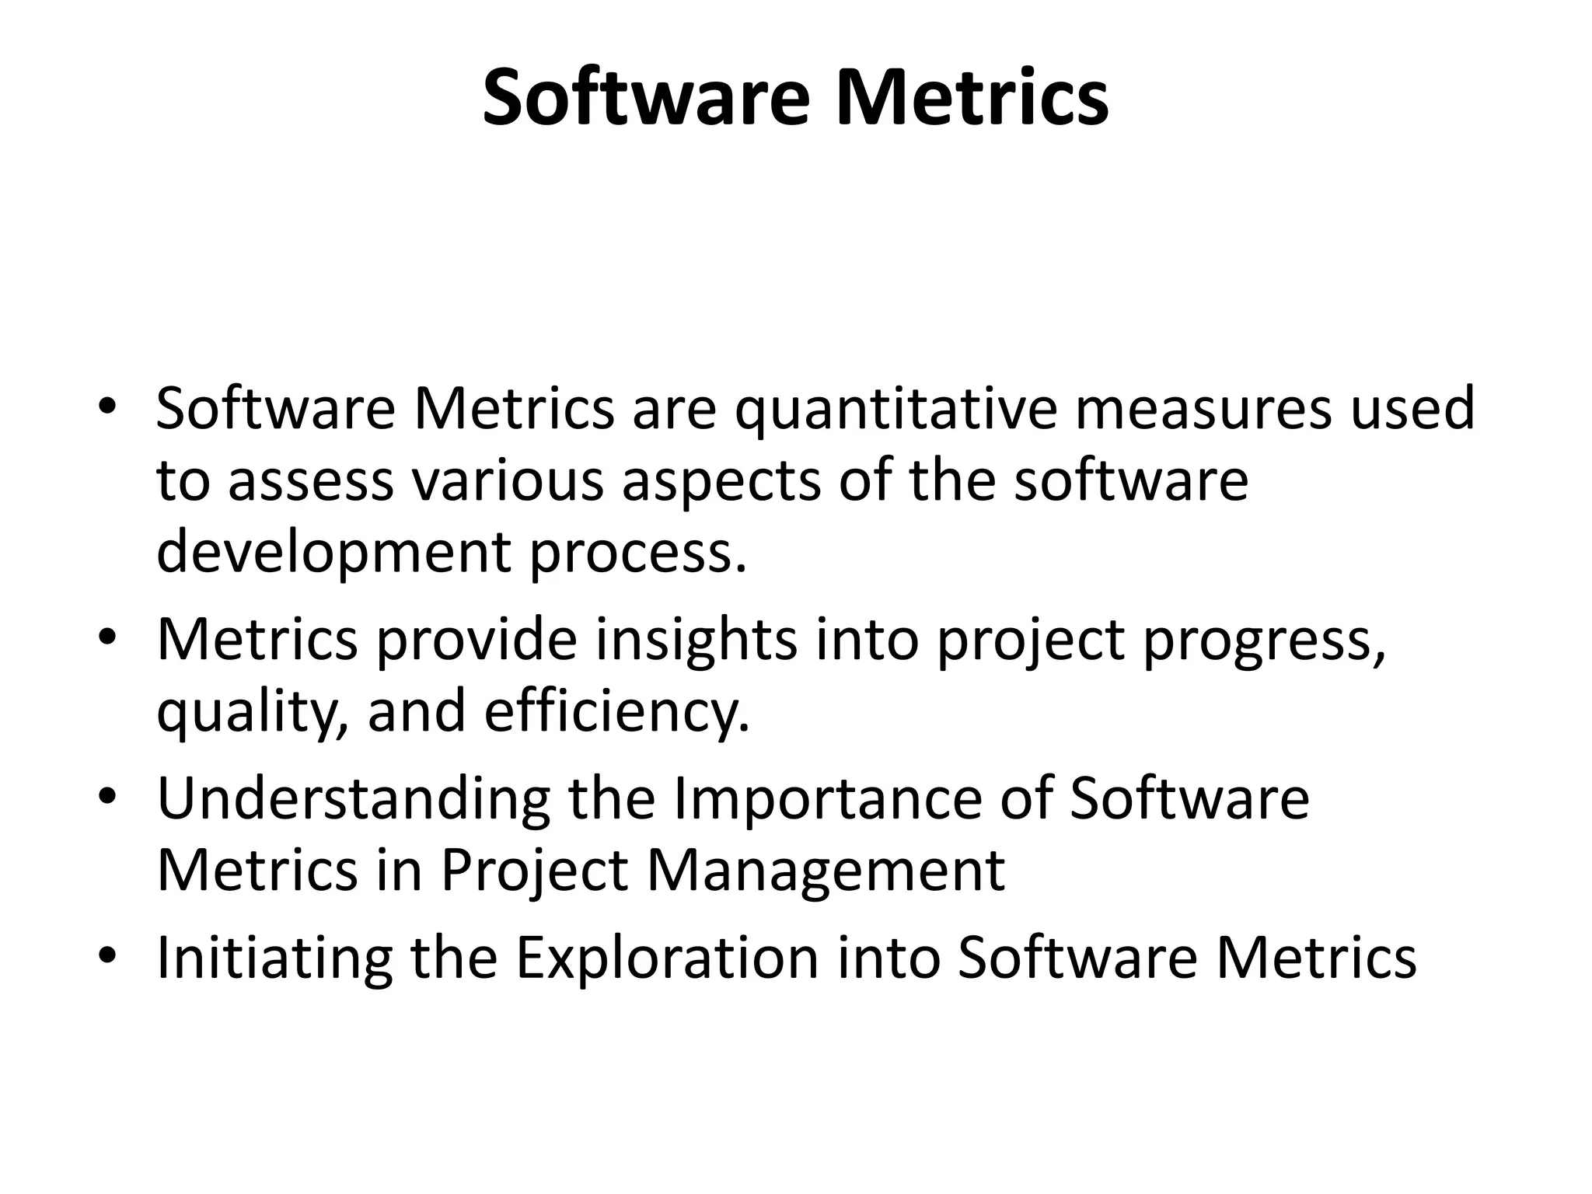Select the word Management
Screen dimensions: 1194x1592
tap(826, 871)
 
